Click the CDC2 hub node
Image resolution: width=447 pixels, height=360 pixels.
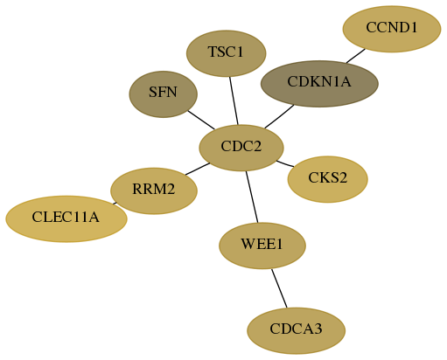coord(241,148)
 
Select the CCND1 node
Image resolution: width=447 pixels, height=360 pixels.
coord(392,29)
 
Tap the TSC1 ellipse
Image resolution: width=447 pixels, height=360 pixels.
coord(227,53)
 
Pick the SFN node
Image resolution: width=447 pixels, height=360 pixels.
coord(164,94)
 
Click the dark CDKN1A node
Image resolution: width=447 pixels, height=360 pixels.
coord(319,84)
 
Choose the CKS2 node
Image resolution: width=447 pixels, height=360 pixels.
coord(328,179)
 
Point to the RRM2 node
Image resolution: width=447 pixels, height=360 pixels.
coord(154,190)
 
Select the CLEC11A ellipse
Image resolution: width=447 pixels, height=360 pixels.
coord(66,218)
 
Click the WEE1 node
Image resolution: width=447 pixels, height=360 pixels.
coord(262,246)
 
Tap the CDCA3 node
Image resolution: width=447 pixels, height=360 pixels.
coord(297,330)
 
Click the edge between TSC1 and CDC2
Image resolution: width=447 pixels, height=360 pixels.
coord(234,100)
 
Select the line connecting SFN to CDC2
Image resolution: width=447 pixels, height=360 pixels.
coord(201,120)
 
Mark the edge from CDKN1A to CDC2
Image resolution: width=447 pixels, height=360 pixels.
coord(279,116)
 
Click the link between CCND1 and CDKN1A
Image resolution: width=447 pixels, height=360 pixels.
coord(356,56)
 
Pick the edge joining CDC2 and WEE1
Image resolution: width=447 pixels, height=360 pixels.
coord(252,197)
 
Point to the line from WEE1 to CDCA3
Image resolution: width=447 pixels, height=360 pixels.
coord(279,288)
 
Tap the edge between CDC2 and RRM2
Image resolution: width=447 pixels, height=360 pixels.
coord(198,169)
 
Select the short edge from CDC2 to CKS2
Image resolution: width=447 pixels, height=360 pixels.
coord(285,163)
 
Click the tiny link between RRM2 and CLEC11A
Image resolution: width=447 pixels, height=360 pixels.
coord(115,204)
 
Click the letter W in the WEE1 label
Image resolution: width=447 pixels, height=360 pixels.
coord(247,244)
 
